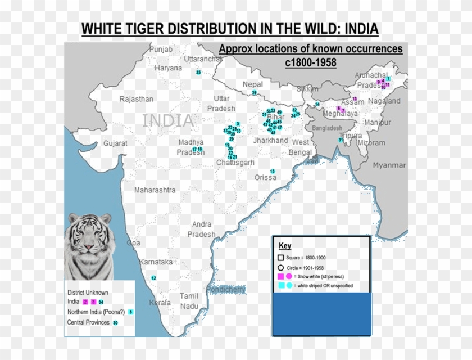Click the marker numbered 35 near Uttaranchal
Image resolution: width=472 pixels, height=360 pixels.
[x=198, y=73]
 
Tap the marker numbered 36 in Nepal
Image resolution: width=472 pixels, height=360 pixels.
[x=255, y=92]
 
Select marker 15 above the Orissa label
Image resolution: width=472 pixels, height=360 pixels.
[x=273, y=171]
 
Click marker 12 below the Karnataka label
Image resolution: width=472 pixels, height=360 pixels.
[x=153, y=278]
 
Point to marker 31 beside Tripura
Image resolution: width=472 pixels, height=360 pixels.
[x=341, y=139]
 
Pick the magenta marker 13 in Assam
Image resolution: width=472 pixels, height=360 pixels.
[x=354, y=99]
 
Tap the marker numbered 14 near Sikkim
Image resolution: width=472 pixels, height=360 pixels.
[x=317, y=104]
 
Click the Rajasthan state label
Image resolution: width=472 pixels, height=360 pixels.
[x=136, y=99]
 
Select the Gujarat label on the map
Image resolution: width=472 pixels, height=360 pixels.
[x=115, y=143]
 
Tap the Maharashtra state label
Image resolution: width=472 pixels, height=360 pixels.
[x=155, y=190]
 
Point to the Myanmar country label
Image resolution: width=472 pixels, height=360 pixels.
[x=389, y=165]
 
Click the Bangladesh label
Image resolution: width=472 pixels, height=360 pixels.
[x=326, y=128]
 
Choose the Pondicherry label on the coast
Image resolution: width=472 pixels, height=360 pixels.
[x=226, y=290]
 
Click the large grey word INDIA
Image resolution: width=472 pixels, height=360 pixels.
[x=168, y=120]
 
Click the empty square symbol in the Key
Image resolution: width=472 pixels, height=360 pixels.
[x=281, y=257]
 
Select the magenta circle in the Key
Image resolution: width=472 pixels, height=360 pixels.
[x=289, y=276]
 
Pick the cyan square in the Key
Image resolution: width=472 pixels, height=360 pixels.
[x=281, y=286]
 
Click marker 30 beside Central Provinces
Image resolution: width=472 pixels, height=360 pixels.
[x=115, y=323]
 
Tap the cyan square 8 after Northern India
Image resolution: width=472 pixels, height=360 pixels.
[x=130, y=312]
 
